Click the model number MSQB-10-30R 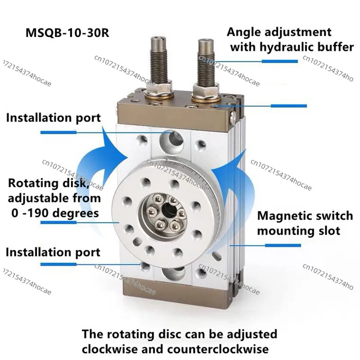coord(67,32)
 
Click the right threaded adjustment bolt coord(206,62)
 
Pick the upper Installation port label coord(53,118)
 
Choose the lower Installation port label coord(53,252)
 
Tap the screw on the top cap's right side coord(233,116)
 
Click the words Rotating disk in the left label coord(49,184)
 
